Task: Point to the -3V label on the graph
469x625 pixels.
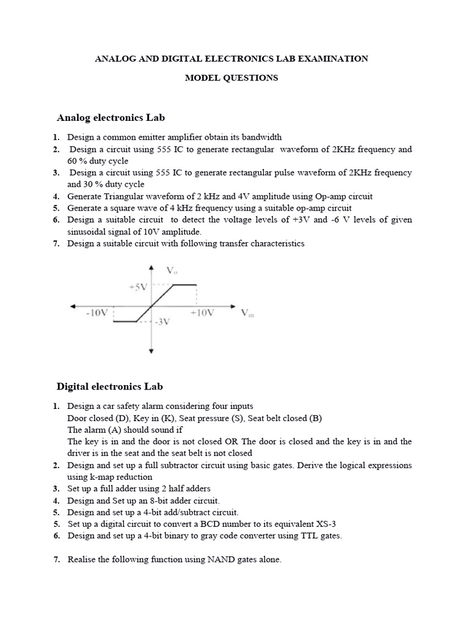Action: (x=161, y=322)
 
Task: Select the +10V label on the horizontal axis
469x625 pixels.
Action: (x=202, y=312)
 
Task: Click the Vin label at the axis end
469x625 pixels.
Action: (x=247, y=313)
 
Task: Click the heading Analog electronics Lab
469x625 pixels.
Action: (x=111, y=117)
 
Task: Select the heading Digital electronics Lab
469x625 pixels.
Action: (x=110, y=386)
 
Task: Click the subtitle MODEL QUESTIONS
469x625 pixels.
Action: (x=231, y=78)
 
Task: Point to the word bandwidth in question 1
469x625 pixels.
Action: (x=261, y=137)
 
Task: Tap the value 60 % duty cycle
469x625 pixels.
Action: (x=98, y=161)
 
